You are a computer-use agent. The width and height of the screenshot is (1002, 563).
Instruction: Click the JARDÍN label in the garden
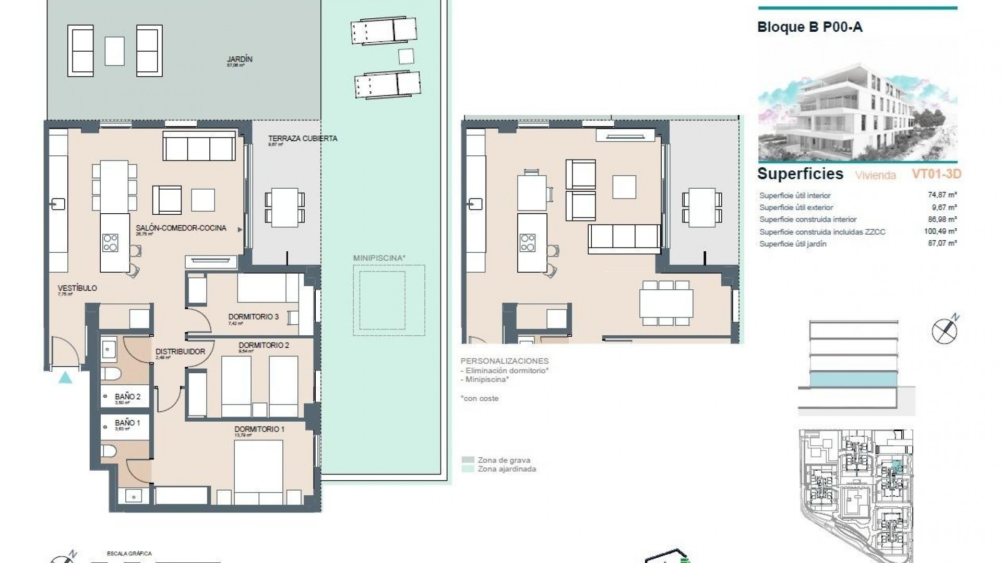[x=240, y=59]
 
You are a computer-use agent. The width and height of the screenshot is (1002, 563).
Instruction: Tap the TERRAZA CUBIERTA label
[x=303, y=139]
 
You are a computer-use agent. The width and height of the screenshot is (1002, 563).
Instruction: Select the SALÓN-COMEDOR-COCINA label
[x=181, y=228]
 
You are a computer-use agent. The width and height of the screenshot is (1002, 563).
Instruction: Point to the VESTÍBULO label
[x=77, y=288]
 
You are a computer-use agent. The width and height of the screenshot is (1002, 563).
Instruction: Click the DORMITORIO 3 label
[x=253, y=316]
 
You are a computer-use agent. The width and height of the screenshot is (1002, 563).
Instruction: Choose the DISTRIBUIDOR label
[x=180, y=351]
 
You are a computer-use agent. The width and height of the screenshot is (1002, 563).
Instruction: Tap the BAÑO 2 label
[x=127, y=397]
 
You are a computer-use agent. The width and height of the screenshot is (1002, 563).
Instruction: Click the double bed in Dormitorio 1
[x=258, y=472]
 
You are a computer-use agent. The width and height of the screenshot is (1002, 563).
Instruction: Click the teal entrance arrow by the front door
[x=65, y=378]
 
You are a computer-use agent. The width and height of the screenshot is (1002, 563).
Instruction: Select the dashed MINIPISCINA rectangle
[x=389, y=300]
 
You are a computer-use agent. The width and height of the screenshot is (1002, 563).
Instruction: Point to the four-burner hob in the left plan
[x=111, y=243]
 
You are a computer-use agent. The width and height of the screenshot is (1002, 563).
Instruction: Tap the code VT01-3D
[x=936, y=174]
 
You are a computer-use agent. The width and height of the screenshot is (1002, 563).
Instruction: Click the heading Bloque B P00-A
[x=809, y=28]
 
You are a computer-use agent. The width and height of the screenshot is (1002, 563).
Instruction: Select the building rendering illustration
[x=857, y=112]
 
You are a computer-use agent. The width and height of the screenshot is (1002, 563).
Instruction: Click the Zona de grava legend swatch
[x=468, y=460]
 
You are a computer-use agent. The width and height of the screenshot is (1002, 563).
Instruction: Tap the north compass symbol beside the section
[x=945, y=331]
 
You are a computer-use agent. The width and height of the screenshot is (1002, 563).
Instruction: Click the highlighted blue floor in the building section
[x=854, y=379]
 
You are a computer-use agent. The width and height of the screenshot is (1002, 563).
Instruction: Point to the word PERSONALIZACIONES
[x=504, y=361]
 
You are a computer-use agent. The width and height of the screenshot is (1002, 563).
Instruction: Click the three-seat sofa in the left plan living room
[x=199, y=145]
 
